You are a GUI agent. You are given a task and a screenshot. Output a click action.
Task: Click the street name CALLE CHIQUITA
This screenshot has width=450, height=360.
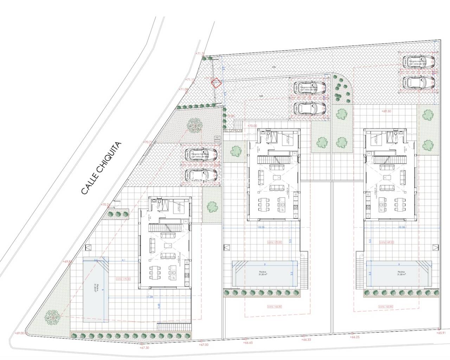click(101, 168)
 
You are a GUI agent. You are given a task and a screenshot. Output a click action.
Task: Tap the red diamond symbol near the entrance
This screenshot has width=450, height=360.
click(216, 83)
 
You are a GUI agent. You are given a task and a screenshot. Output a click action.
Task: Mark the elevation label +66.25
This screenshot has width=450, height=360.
click(355, 337)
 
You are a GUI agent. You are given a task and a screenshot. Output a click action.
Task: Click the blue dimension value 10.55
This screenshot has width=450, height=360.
click(261, 227)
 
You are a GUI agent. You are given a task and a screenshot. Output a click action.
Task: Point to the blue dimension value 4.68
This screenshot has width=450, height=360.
click(159, 306)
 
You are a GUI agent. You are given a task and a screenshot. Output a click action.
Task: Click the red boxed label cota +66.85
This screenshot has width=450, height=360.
click(275, 307)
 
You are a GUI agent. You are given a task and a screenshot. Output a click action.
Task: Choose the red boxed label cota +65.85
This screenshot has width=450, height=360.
click(384, 307)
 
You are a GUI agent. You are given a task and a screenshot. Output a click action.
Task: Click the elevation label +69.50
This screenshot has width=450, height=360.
click(386, 111)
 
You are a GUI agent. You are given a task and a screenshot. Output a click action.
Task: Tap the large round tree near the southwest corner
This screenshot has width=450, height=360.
click(52, 316)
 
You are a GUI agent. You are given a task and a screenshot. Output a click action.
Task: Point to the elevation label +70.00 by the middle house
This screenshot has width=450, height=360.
click(252, 126)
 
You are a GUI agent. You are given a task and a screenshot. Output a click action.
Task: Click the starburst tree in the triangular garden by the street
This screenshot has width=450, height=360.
click(194, 124)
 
